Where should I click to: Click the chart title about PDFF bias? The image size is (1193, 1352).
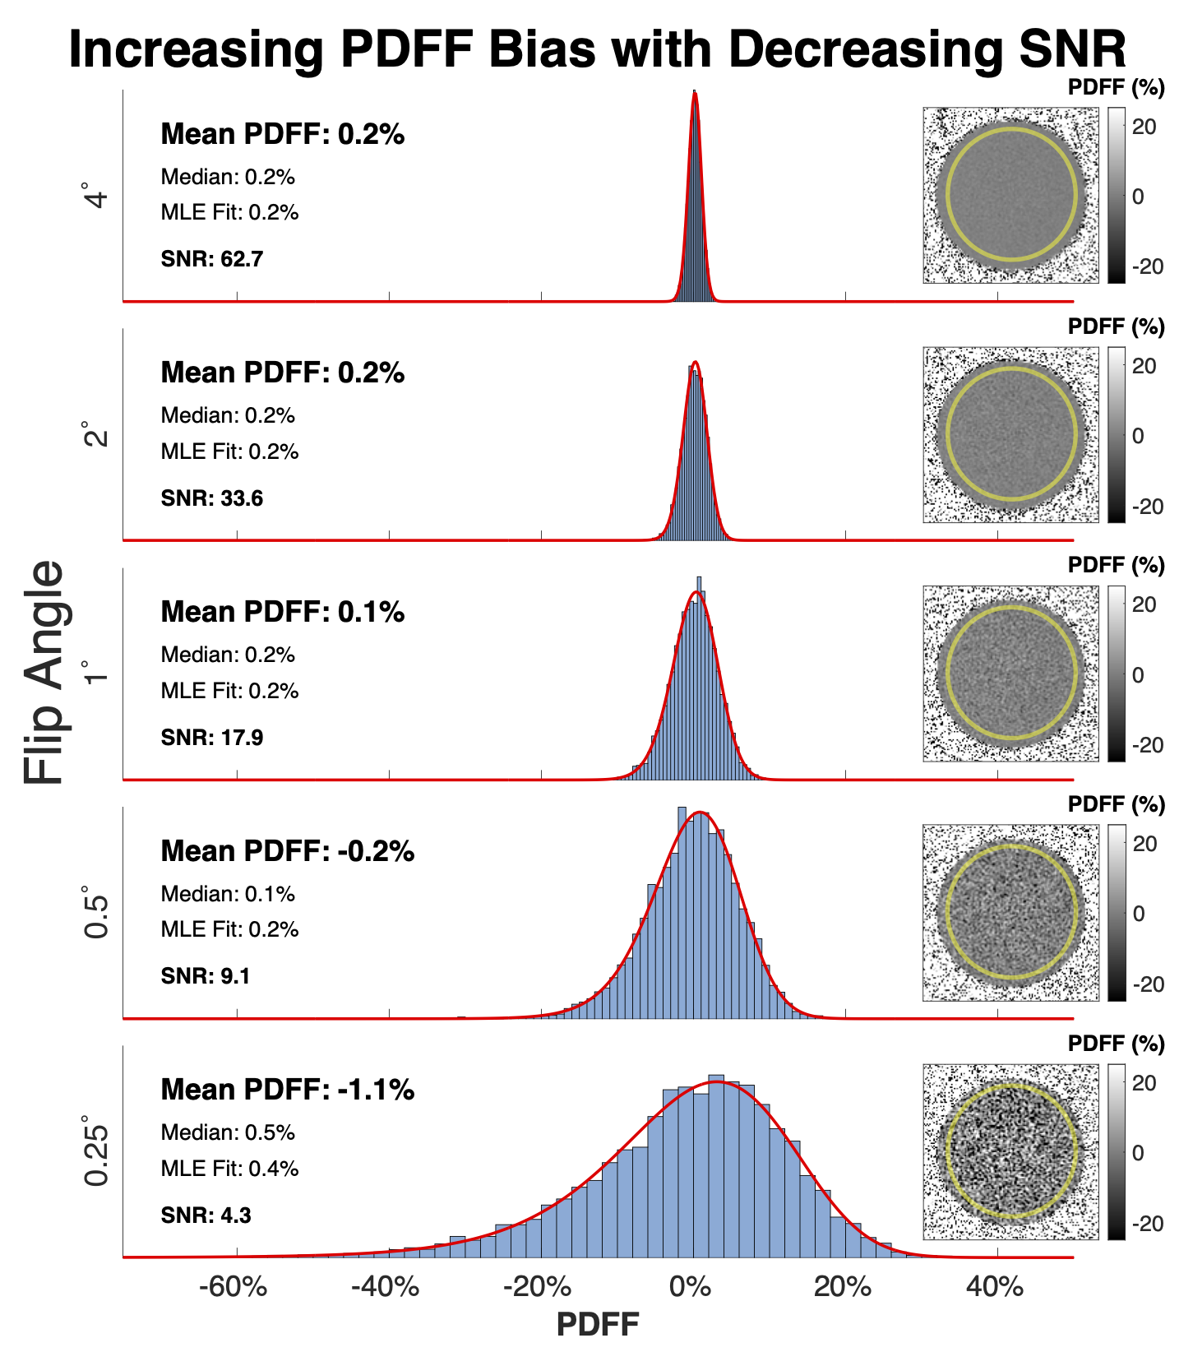597,49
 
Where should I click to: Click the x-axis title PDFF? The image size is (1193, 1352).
598,1325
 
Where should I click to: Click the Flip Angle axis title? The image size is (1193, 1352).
44,673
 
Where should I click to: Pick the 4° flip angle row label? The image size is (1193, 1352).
96,196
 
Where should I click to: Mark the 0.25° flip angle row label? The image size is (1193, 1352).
96,1151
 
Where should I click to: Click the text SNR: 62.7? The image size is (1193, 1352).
212,260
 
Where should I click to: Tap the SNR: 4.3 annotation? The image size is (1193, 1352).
206,1215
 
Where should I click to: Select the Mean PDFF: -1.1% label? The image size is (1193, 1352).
288,1090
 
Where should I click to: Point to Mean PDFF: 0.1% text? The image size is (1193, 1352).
283,612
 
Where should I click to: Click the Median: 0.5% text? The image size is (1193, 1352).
228,1132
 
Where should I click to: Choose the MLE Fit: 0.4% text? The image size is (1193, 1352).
229,1169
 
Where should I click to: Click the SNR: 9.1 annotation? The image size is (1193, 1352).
206,976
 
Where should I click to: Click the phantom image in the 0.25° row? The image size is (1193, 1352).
1010,1151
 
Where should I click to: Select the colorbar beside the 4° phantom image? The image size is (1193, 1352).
1117,195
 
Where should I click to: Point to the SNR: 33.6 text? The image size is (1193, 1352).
212,498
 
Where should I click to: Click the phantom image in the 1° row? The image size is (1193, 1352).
1010,674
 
